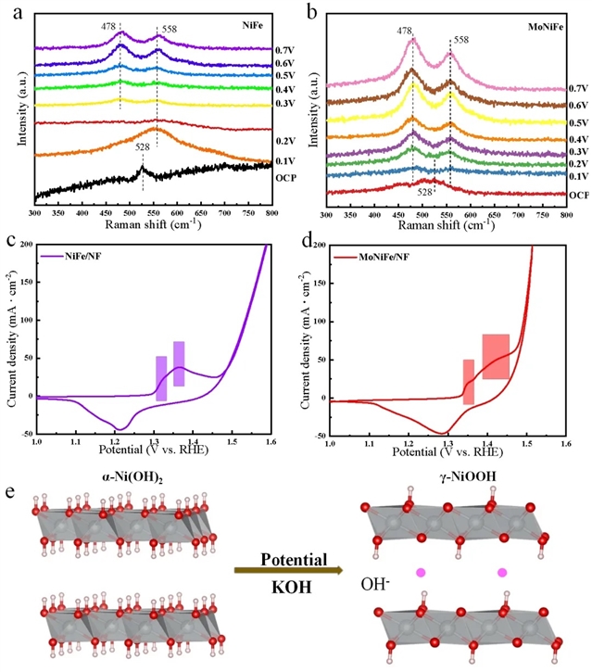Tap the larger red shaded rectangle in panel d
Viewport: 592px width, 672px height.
pos(495,356)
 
